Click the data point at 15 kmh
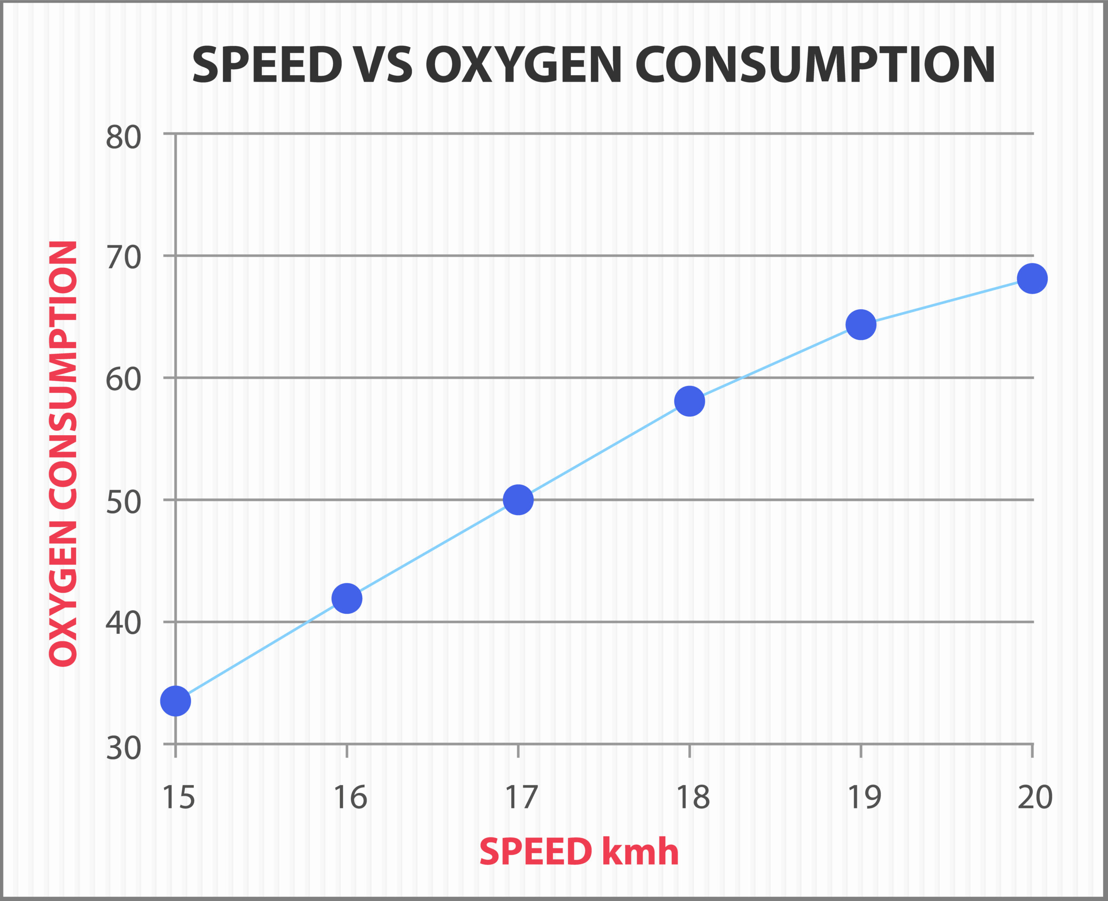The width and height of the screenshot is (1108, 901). (x=175, y=701)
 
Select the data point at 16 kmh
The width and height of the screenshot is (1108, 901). (x=347, y=598)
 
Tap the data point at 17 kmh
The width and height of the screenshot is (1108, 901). (x=518, y=500)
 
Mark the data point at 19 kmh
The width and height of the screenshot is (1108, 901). (x=861, y=324)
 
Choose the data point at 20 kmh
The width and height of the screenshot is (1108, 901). (x=1032, y=278)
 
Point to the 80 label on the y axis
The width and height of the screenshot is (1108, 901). (x=123, y=138)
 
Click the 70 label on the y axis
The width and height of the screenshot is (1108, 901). (x=123, y=257)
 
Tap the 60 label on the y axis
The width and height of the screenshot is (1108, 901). (x=123, y=379)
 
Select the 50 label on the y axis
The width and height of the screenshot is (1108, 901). (x=123, y=502)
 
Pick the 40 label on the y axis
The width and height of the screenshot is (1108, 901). (x=123, y=623)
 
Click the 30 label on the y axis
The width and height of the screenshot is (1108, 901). (x=123, y=748)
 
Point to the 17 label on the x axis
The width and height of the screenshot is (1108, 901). (x=521, y=798)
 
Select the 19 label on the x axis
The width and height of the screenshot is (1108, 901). (x=864, y=798)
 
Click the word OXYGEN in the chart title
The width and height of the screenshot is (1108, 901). (x=523, y=65)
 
